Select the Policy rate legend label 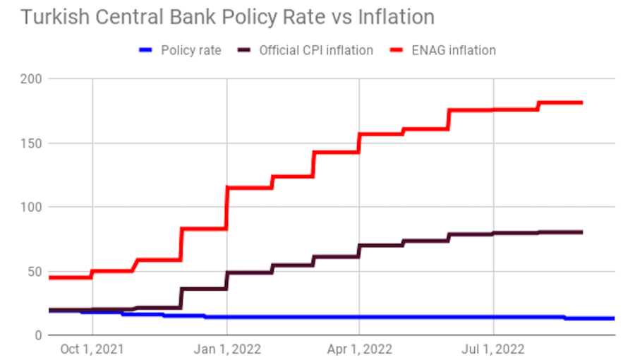pyautogui.click(x=190, y=50)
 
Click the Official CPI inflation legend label pyautogui.click(x=316, y=50)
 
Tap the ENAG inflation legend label pyautogui.click(x=454, y=50)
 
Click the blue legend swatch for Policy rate pyautogui.click(x=146, y=50)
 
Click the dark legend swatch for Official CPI pyautogui.click(x=245, y=50)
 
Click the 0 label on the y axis pyautogui.click(x=37, y=335)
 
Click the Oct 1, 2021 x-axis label pyautogui.click(x=92, y=349)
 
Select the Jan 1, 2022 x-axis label pyautogui.click(x=226, y=349)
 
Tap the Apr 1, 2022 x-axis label pyautogui.click(x=359, y=349)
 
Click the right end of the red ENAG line pyautogui.click(x=581, y=103)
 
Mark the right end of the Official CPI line pyautogui.click(x=581, y=232)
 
